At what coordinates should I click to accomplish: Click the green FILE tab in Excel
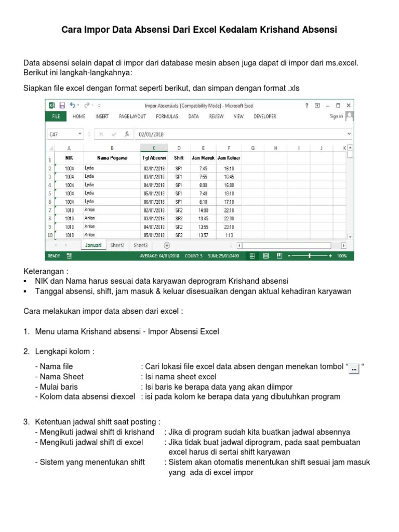click(x=56, y=117)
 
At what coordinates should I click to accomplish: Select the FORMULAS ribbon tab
click(x=167, y=117)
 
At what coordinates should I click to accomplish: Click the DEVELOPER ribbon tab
click(x=264, y=117)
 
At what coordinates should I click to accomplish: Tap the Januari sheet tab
click(x=94, y=245)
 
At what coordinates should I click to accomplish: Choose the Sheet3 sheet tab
click(x=140, y=245)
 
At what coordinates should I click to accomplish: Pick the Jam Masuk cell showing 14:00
click(x=203, y=210)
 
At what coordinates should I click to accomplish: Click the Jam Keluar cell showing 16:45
click(x=229, y=177)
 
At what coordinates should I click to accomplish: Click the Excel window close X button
click(x=349, y=105)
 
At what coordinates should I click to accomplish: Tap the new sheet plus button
click(x=167, y=245)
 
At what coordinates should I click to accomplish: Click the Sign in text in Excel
click(x=336, y=117)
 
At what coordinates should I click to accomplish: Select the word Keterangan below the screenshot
click(x=45, y=272)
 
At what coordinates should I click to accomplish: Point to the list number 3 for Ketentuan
click(x=26, y=421)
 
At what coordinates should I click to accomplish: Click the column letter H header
click(x=276, y=148)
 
